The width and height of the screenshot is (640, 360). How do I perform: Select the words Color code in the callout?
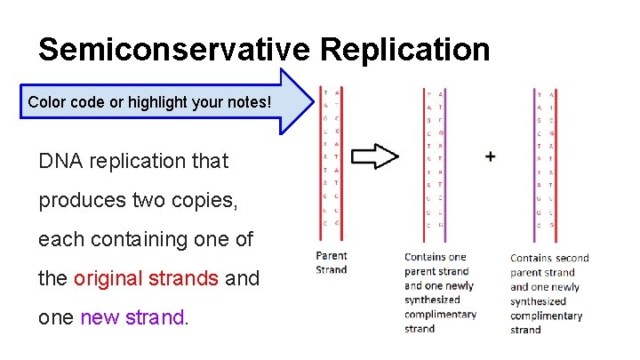67,102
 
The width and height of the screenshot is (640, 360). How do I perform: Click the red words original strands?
146,278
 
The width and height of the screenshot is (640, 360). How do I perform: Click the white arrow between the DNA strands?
374,157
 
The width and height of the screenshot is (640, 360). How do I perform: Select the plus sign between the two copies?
490,156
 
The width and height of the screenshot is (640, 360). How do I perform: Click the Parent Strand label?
332,262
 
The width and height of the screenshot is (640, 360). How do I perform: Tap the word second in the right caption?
572,258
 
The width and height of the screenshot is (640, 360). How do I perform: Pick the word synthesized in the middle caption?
432,300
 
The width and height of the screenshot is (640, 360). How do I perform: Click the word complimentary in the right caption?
546,316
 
